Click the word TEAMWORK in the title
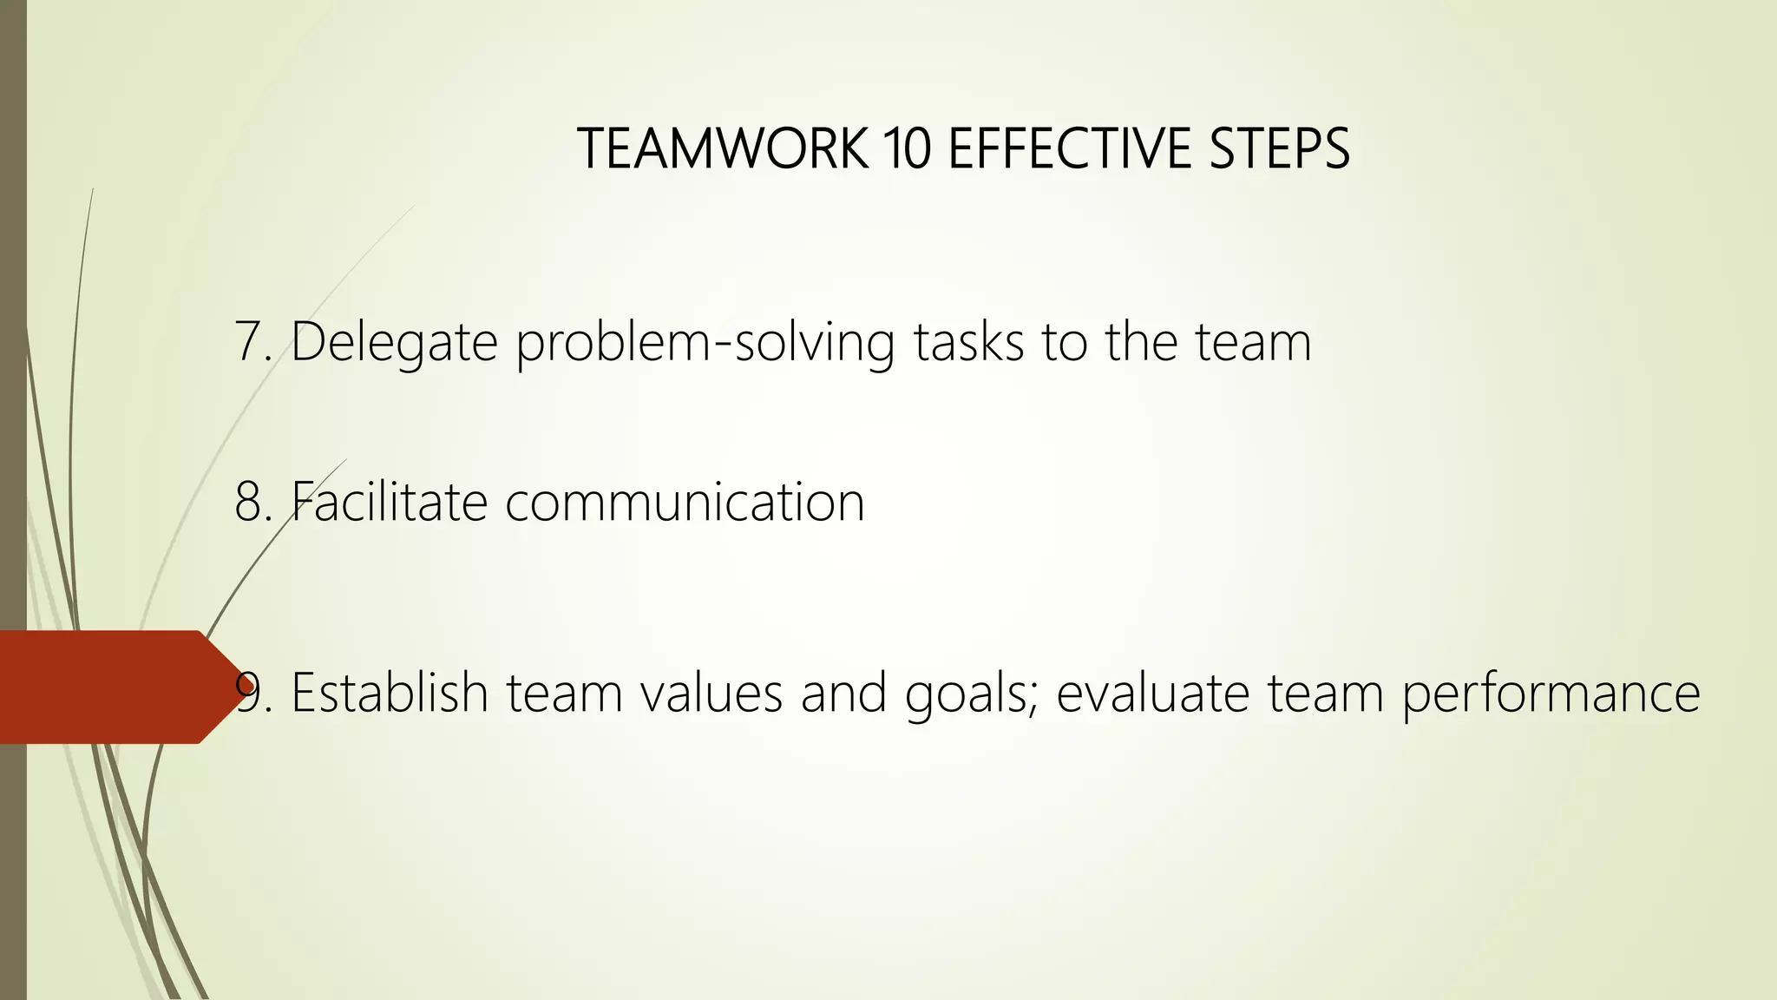click(722, 148)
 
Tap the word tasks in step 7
click(968, 341)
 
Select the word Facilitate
click(389, 502)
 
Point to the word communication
click(685, 503)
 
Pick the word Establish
click(390, 693)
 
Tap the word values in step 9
click(711, 693)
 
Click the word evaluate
click(1152, 693)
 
